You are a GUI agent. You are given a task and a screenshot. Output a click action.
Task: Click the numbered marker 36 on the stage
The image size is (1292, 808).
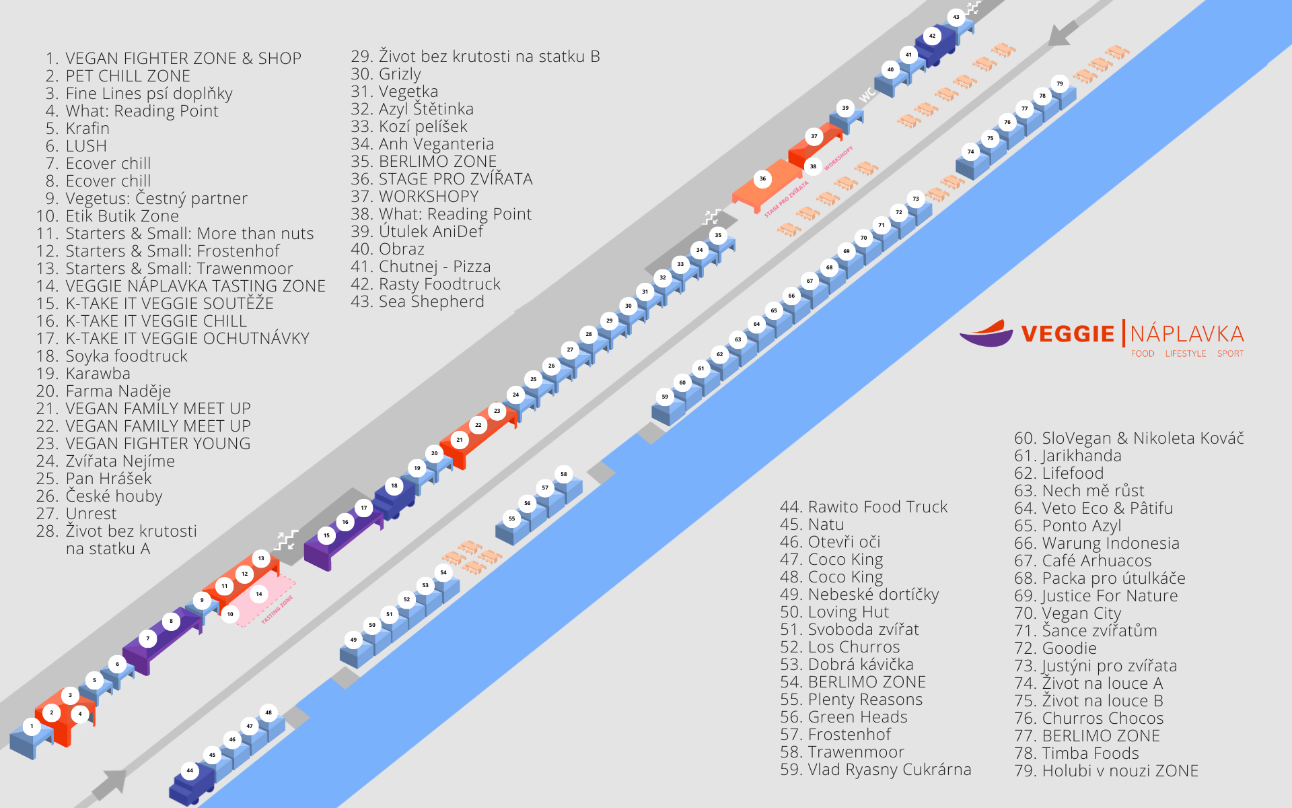click(x=762, y=178)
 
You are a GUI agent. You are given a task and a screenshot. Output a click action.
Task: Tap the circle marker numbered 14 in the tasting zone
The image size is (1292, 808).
click(x=259, y=594)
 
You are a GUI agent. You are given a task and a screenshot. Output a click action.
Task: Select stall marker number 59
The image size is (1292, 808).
click(x=665, y=397)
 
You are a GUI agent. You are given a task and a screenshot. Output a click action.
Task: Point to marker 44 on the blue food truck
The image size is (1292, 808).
click(x=190, y=770)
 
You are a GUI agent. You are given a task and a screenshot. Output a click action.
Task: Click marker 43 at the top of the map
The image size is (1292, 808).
click(x=956, y=17)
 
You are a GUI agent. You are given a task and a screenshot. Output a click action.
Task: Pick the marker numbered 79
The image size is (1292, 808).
click(x=1060, y=83)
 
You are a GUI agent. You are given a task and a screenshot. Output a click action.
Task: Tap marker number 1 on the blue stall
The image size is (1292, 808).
click(x=32, y=726)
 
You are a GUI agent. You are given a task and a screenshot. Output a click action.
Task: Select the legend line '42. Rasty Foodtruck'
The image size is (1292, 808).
click(x=425, y=284)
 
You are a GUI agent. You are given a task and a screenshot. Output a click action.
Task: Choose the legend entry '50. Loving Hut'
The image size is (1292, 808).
click(x=834, y=612)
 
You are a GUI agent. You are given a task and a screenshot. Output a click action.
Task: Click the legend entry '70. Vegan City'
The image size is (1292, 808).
click(x=1068, y=613)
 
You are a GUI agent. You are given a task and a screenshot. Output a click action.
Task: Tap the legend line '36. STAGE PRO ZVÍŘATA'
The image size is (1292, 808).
click(x=441, y=178)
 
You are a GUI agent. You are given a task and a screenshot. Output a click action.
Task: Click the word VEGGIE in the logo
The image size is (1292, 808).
click(x=1067, y=334)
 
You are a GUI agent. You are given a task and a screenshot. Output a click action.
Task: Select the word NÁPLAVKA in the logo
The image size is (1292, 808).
click(x=1187, y=334)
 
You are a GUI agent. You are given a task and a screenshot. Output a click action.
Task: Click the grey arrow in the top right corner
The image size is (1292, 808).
click(x=1064, y=32)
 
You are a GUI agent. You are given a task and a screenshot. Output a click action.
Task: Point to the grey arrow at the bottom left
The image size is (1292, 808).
click(x=110, y=784)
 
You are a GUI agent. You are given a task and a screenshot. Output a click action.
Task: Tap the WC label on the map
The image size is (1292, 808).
click(x=867, y=95)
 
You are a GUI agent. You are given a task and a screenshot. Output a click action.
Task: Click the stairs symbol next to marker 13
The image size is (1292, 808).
click(x=287, y=539)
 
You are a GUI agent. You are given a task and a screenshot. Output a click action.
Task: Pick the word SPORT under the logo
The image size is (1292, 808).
click(x=1230, y=353)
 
